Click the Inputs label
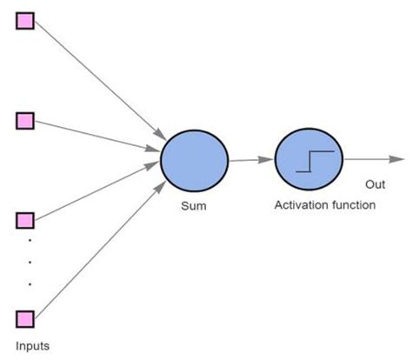32,346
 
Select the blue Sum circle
195,161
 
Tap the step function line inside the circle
315,160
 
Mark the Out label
375,183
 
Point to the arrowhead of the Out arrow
397,159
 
